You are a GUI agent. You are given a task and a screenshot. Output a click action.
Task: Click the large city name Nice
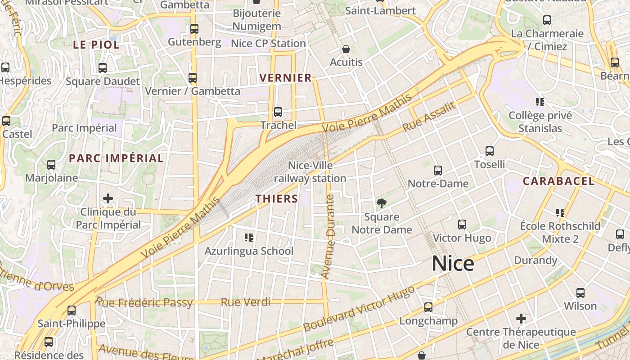coord(453,264)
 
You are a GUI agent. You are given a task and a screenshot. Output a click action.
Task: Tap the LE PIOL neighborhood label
coord(96,45)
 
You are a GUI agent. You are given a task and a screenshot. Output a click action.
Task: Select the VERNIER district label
coord(286,78)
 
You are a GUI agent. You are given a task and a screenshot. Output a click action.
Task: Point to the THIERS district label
coord(277,198)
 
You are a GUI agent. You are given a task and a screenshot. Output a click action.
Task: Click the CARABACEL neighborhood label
coord(558,181)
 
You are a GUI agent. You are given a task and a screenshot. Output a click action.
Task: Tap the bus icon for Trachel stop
coord(278,112)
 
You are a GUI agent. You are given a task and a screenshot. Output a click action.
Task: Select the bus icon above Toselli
coord(490,151)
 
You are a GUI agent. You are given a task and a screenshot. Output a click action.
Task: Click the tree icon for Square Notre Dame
coord(381,203)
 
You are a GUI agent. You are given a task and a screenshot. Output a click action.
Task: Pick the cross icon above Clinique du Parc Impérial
coord(108,198)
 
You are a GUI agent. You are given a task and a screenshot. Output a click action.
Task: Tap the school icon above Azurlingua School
coord(249,237)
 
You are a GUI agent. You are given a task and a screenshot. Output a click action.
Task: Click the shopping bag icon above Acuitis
coord(346,49)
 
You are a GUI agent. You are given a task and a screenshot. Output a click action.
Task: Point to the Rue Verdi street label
coord(246,302)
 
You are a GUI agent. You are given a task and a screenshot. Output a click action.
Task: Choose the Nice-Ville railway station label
coord(310,172)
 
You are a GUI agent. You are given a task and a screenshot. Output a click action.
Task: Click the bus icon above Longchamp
coord(428,307)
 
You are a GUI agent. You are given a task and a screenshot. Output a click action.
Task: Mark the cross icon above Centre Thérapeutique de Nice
coord(521,319)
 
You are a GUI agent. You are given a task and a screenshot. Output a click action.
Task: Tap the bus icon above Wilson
coord(580,293)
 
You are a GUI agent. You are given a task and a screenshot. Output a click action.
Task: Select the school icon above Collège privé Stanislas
coord(540,102)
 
